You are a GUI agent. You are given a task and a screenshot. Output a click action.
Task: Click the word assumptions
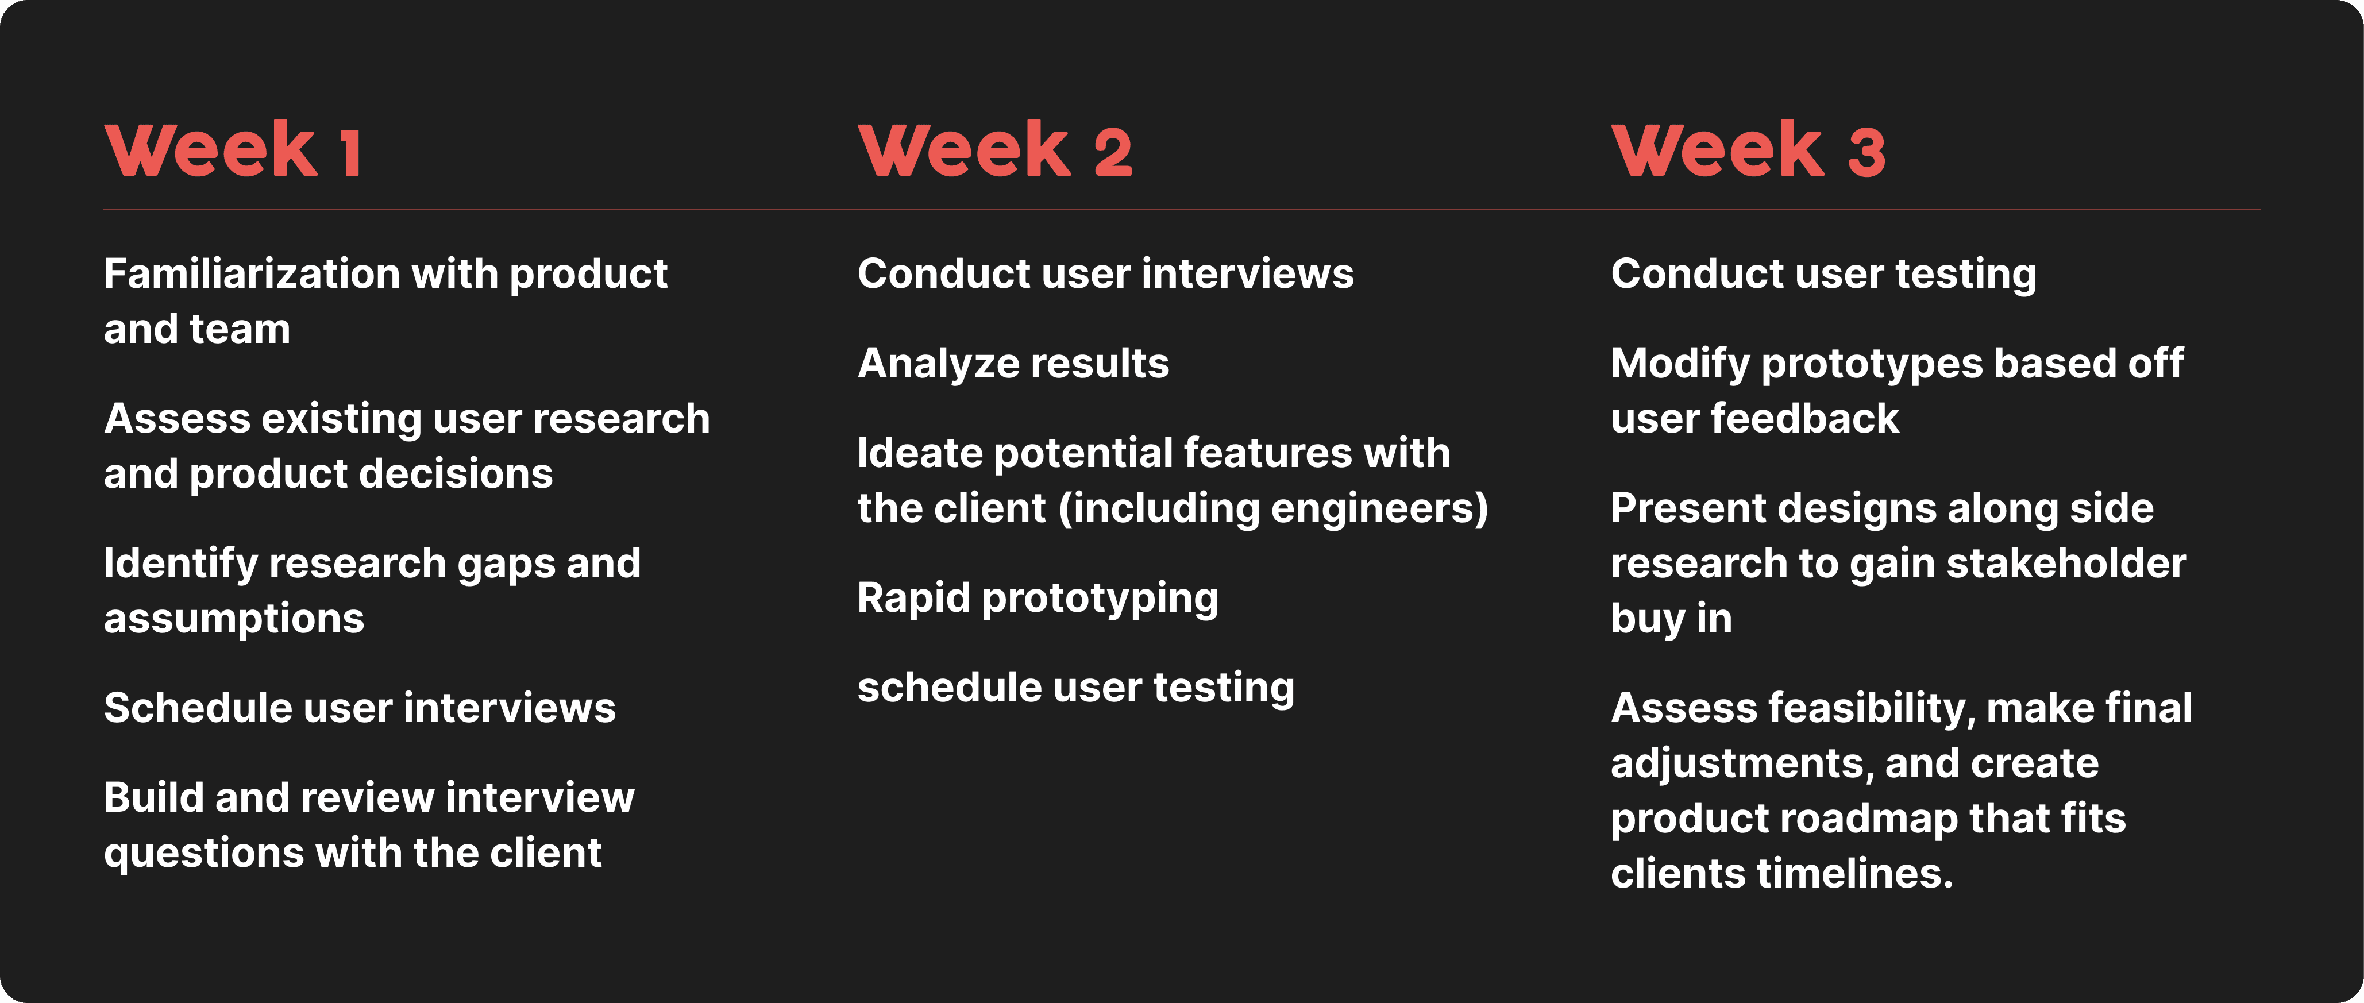(234, 619)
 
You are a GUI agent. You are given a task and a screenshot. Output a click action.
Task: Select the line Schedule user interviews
(360, 708)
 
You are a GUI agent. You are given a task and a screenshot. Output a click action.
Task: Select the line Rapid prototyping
(1038, 599)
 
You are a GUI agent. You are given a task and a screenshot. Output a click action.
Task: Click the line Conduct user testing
(1823, 275)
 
